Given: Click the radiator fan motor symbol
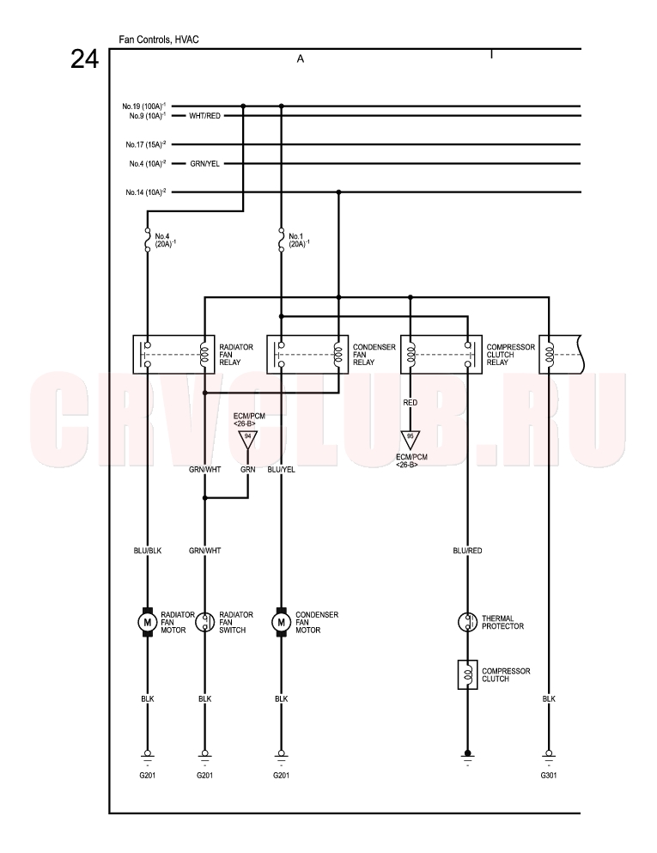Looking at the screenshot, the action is coord(147,622).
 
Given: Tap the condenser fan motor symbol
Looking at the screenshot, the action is coord(281,622).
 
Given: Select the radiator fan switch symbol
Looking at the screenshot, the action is coord(204,622).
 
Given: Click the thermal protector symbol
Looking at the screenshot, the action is coord(467,622).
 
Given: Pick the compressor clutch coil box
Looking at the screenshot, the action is coord(467,674).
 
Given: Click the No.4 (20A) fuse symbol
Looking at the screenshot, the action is coord(147,240).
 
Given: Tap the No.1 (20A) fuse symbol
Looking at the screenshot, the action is coord(281,240).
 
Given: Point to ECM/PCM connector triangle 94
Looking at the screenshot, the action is coord(247,439).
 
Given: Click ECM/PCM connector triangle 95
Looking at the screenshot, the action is coord(410,439).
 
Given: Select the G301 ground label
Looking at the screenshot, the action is coord(548,775).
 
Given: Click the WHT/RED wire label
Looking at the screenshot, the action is coord(204,116).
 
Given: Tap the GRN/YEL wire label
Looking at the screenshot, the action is coord(204,164).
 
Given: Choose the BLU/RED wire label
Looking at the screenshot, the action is coord(467,551).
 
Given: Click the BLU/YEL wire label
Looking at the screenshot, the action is coord(281,470).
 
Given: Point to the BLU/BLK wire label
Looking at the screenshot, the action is coord(148,551).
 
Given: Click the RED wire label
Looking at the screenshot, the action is coord(410,403).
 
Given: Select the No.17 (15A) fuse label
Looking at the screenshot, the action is coord(146,144).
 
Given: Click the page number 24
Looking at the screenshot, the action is coord(84,59).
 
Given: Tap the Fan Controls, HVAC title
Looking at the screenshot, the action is coord(159,40).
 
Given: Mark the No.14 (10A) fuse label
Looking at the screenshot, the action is coord(146,192).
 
